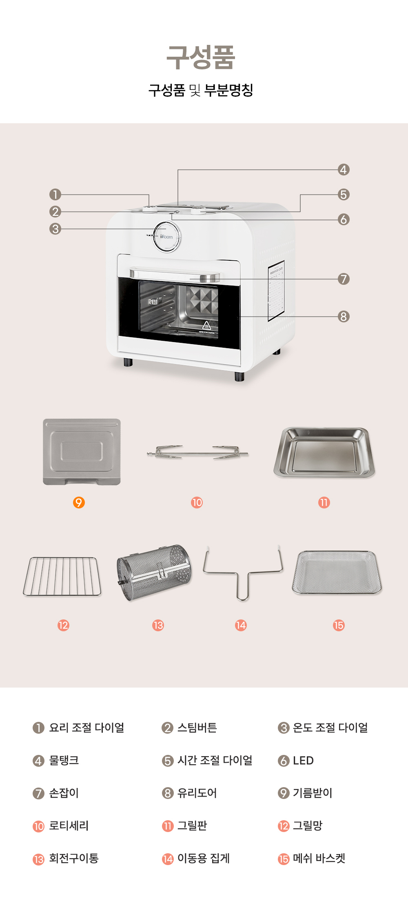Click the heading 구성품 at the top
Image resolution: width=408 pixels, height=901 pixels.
201,57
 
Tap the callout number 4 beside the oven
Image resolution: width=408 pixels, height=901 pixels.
344,170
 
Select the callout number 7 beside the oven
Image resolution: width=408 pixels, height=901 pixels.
344,279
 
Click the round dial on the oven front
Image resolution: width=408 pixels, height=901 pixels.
167,237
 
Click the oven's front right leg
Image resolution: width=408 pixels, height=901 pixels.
239,376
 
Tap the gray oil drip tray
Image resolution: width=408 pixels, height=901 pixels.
82,452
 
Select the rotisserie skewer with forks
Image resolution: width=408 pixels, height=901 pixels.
197,453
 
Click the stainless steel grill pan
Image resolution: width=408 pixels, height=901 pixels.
324,453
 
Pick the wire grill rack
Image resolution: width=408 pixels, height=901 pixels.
62,577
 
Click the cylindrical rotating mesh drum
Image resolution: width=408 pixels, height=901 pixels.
154,573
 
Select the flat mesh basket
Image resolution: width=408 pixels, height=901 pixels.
337,572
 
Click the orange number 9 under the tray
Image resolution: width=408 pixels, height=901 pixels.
79,502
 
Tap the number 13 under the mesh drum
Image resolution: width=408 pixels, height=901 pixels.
158,625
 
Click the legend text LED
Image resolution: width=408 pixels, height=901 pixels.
303,761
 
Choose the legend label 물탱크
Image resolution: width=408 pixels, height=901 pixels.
64,760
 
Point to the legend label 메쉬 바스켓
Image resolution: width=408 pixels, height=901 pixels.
319,859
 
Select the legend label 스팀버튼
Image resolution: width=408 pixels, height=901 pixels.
197,728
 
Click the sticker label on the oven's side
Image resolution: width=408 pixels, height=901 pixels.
276,291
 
